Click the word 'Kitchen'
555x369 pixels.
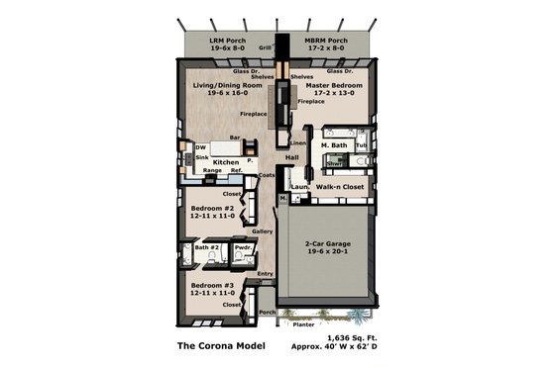click(226, 161)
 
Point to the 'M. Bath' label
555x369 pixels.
click(335, 146)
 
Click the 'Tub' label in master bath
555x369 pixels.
click(361, 146)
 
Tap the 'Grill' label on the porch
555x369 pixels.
click(265, 47)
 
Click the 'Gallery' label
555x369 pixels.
click(263, 231)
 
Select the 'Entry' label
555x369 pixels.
click(265, 274)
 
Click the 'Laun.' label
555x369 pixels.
click(300, 186)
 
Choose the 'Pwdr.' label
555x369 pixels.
click(243, 247)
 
